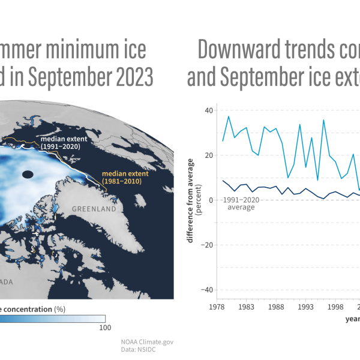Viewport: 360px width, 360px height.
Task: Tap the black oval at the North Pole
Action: pyautogui.click(x=27, y=175)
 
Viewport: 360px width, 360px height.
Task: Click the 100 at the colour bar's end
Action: pyautogui.click(x=104, y=328)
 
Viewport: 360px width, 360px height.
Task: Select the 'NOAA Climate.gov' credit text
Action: pyautogui.click(x=147, y=341)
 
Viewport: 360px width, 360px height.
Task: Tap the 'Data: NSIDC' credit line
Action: pyautogui.click(x=141, y=350)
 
